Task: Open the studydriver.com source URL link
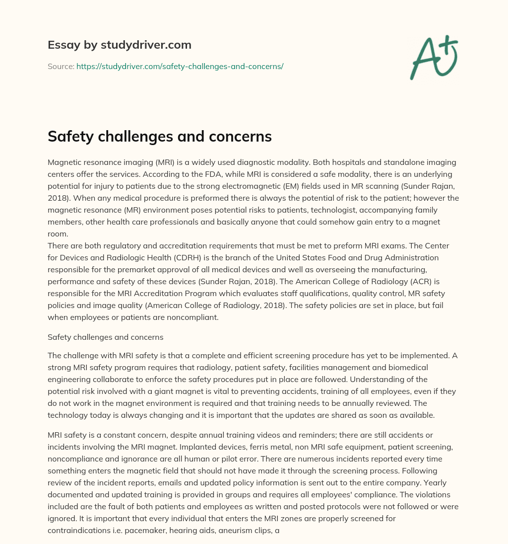point(180,66)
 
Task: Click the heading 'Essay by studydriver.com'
point(119,45)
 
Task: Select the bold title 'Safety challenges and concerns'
point(159,137)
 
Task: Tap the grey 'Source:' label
point(61,66)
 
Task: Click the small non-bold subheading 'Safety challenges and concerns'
point(105,337)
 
